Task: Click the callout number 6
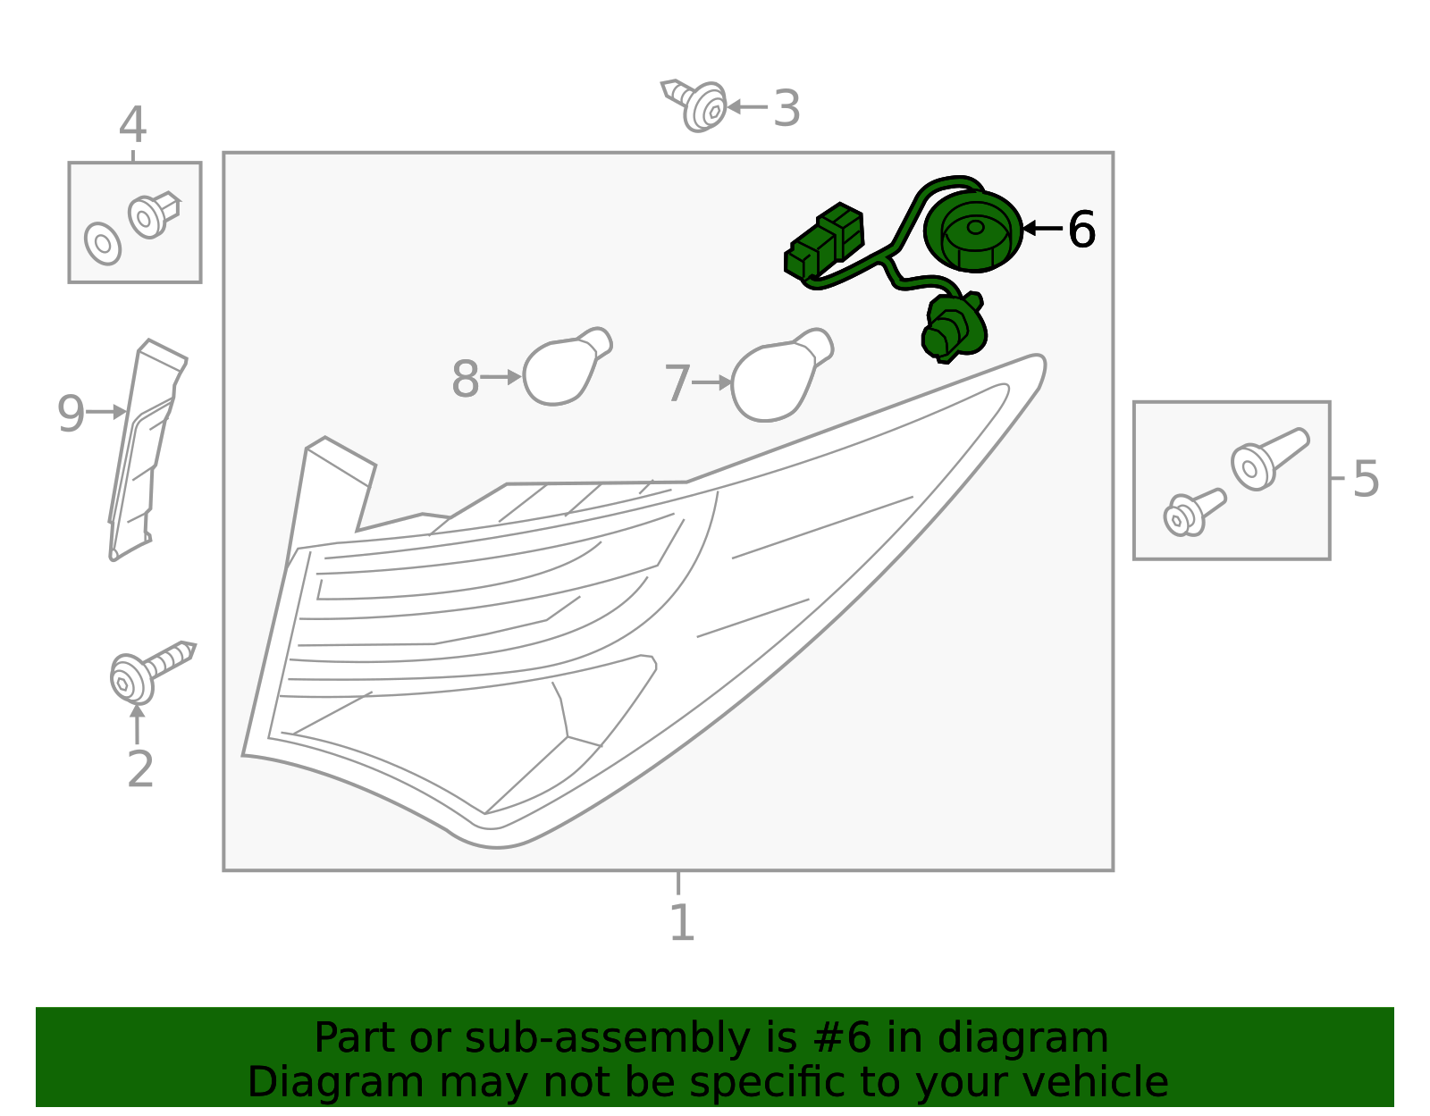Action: (x=1081, y=230)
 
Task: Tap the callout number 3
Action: (x=786, y=108)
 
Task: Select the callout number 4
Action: (x=132, y=124)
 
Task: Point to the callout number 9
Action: (x=71, y=413)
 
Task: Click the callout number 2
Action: (x=140, y=768)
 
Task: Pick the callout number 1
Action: (x=683, y=922)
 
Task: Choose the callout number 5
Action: (x=1366, y=479)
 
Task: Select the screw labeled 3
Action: (x=695, y=105)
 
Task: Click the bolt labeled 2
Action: (x=151, y=672)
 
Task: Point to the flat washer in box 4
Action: (x=103, y=243)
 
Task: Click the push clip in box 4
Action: (x=154, y=214)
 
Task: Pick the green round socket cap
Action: (x=973, y=231)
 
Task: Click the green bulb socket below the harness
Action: (x=954, y=328)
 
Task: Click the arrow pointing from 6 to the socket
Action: (x=1043, y=228)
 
